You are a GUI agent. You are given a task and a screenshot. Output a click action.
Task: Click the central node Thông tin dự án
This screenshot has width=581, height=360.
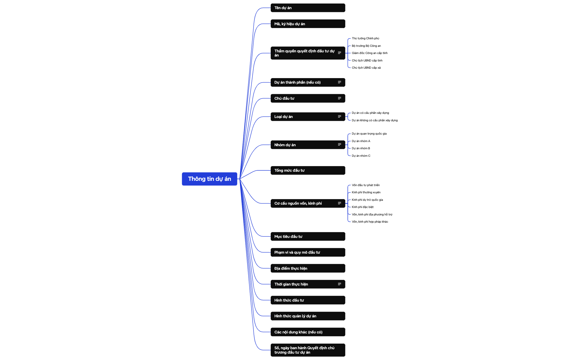click(210, 179)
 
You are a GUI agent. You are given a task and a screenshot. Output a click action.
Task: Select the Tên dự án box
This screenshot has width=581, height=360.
click(308, 8)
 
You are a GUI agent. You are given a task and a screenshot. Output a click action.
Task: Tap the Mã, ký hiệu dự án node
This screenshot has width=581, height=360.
click(308, 24)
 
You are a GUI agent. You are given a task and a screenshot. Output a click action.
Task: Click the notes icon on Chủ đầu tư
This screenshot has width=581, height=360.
click(339, 98)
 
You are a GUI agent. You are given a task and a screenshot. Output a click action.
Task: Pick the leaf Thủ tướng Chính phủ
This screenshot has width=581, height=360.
click(365, 38)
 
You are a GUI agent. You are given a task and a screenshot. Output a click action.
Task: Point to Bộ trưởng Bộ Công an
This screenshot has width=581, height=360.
click(366, 46)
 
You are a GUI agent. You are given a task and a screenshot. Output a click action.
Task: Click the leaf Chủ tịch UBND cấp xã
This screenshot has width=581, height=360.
click(366, 68)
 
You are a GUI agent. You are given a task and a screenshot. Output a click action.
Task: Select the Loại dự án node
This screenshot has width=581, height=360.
click(308, 117)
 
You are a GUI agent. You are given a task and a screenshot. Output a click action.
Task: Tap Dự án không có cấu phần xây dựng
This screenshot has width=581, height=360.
click(375, 120)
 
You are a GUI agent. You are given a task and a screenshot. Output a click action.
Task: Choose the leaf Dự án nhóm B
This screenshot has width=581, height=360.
click(361, 148)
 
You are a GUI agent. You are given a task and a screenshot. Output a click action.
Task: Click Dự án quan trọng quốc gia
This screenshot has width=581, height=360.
click(369, 134)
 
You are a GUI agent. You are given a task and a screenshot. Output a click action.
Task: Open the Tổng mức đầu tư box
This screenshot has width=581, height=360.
click(308, 170)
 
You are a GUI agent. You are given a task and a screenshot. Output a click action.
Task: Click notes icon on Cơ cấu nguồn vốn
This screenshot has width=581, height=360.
click(339, 203)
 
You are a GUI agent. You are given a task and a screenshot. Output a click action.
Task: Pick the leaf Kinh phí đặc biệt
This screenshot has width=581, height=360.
click(363, 207)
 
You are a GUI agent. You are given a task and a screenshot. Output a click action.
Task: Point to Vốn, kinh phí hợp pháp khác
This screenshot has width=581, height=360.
click(370, 222)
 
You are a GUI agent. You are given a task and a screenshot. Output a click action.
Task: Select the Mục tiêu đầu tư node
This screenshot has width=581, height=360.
click(308, 236)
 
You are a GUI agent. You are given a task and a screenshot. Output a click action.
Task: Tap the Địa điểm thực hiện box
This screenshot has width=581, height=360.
click(308, 268)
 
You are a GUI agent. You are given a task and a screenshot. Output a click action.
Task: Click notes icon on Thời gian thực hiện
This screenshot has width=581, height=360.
click(339, 284)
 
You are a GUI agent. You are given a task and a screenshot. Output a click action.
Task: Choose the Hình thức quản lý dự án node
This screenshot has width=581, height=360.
click(308, 316)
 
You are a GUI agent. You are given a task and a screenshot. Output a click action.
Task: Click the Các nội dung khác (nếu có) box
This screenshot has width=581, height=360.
click(308, 332)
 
